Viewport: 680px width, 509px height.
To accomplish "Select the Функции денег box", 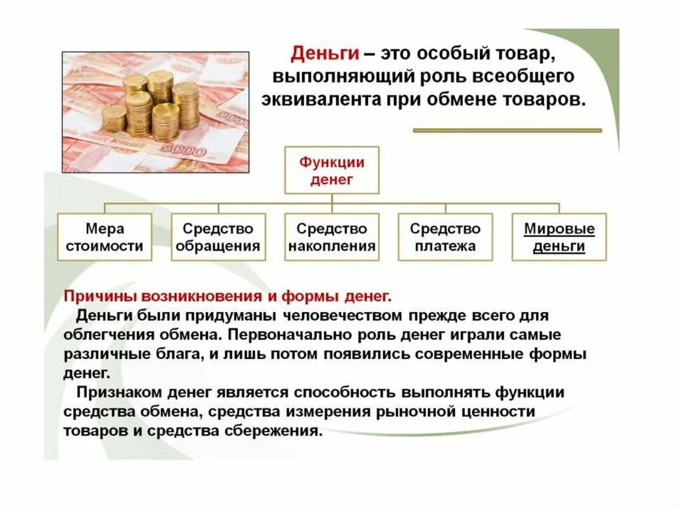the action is coord(331,171).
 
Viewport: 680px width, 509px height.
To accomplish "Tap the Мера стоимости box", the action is coord(104,237).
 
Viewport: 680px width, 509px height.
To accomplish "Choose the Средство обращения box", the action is coord(218,237).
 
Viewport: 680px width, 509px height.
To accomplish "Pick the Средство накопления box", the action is coord(331,237).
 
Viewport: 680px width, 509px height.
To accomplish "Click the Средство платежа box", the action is coord(445,237).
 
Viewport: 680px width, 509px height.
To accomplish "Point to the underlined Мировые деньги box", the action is coord(559,237).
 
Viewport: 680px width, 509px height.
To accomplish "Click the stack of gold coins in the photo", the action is coord(151,106).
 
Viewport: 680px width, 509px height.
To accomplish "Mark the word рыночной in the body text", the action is coord(414,411).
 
